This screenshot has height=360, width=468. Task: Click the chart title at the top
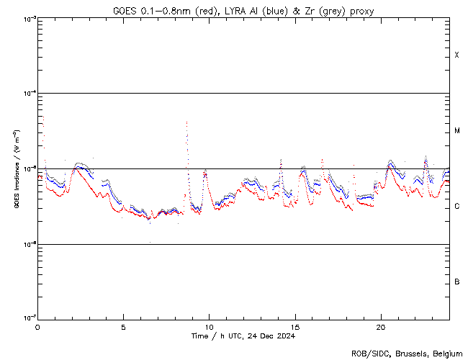(x=243, y=10)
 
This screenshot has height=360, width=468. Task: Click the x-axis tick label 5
(x=123, y=326)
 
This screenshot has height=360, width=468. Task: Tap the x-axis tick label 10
(x=209, y=326)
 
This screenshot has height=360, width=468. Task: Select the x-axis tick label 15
(x=294, y=326)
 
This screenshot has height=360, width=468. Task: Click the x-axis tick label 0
(x=37, y=326)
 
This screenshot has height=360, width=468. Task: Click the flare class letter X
(x=457, y=55)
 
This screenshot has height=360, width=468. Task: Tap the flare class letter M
(x=457, y=131)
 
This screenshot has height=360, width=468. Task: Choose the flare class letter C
(x=457, y=207)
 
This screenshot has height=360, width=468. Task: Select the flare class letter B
(x=457, y=282)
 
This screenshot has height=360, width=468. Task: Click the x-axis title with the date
(x=243, y=336)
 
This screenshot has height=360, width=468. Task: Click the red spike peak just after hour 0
(x=43, y=117)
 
